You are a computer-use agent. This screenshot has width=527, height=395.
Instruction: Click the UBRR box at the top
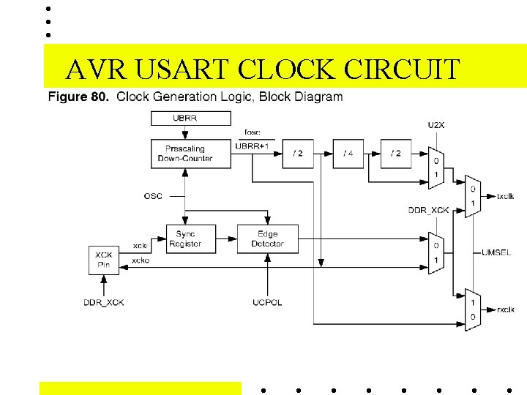[x=190, y=118]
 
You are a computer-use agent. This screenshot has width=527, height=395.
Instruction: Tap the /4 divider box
[x=348, y=154]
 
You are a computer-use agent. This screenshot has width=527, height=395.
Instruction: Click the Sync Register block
[x=190, y=239]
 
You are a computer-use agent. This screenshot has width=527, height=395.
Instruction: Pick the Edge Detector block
[x=267, y=239]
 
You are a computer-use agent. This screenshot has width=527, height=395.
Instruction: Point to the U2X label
[x=436, y=125]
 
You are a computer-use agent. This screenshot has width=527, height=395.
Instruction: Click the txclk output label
[x=505, y=197]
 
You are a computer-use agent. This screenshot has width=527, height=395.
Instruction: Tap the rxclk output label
[x=505, y=310]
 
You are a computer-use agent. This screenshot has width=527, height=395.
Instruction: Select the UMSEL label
[x=496, y=252]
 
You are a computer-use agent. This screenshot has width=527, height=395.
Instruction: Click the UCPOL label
[x=267, y=302]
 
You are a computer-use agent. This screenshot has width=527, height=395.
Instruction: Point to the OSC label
[x=153, y=196]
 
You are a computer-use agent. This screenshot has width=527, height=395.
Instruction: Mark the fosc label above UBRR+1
[x=252, y=132]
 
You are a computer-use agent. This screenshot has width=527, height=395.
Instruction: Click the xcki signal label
[x=141, y=245]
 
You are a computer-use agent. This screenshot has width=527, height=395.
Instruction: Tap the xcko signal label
[x=141, y=260]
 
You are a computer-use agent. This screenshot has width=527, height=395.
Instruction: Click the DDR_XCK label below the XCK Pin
[x=103, y=303]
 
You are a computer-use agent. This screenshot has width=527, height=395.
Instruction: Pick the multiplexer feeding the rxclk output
[x=473, y=309]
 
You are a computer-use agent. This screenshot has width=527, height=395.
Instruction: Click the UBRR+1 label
[x=253, y=146]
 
